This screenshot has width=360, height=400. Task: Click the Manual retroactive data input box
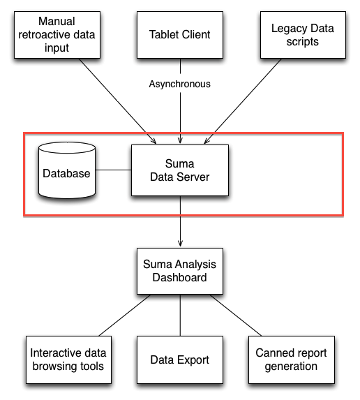57,35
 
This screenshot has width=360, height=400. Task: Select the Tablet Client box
180,35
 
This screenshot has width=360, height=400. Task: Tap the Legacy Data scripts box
303,35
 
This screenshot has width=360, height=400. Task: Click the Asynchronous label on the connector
180,84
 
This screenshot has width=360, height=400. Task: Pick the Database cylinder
67,170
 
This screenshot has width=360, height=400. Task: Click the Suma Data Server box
180,170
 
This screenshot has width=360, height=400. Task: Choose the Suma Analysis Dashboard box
180,271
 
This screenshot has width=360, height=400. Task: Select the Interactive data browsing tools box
68,360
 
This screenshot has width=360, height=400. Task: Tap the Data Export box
180,360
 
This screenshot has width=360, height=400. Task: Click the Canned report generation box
292,360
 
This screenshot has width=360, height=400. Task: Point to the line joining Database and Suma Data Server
114,170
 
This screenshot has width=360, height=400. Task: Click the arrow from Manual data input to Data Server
117,101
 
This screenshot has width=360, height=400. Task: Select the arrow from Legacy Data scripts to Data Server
243,101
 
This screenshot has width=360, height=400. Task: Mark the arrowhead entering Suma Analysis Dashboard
180,244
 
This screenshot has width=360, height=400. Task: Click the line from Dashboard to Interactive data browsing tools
125,315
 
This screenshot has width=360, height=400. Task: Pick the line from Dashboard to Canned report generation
236,315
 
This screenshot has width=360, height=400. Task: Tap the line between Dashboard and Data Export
180,315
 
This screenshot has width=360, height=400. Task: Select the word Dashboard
180,278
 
